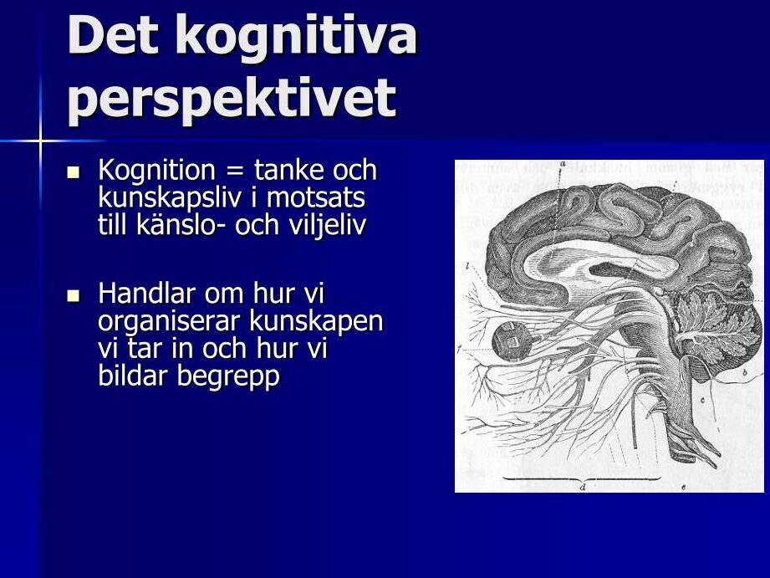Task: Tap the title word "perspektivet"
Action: [x=232, y=100]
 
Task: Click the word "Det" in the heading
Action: [x=114, y=34]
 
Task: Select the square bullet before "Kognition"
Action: [x=74, y=172]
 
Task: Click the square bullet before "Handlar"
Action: [x=74, y=295]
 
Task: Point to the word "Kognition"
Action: [x=156, y=171]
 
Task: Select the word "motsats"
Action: [x=316, y=197]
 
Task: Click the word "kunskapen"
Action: [x=316, y=322]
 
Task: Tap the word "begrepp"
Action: [x=228, y=377]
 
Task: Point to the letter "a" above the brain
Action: [x=563, y=163]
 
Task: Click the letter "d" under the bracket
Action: [x=583, y=487]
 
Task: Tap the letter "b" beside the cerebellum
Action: [x=744, y=372]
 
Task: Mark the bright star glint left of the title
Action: [x=41, y=141]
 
